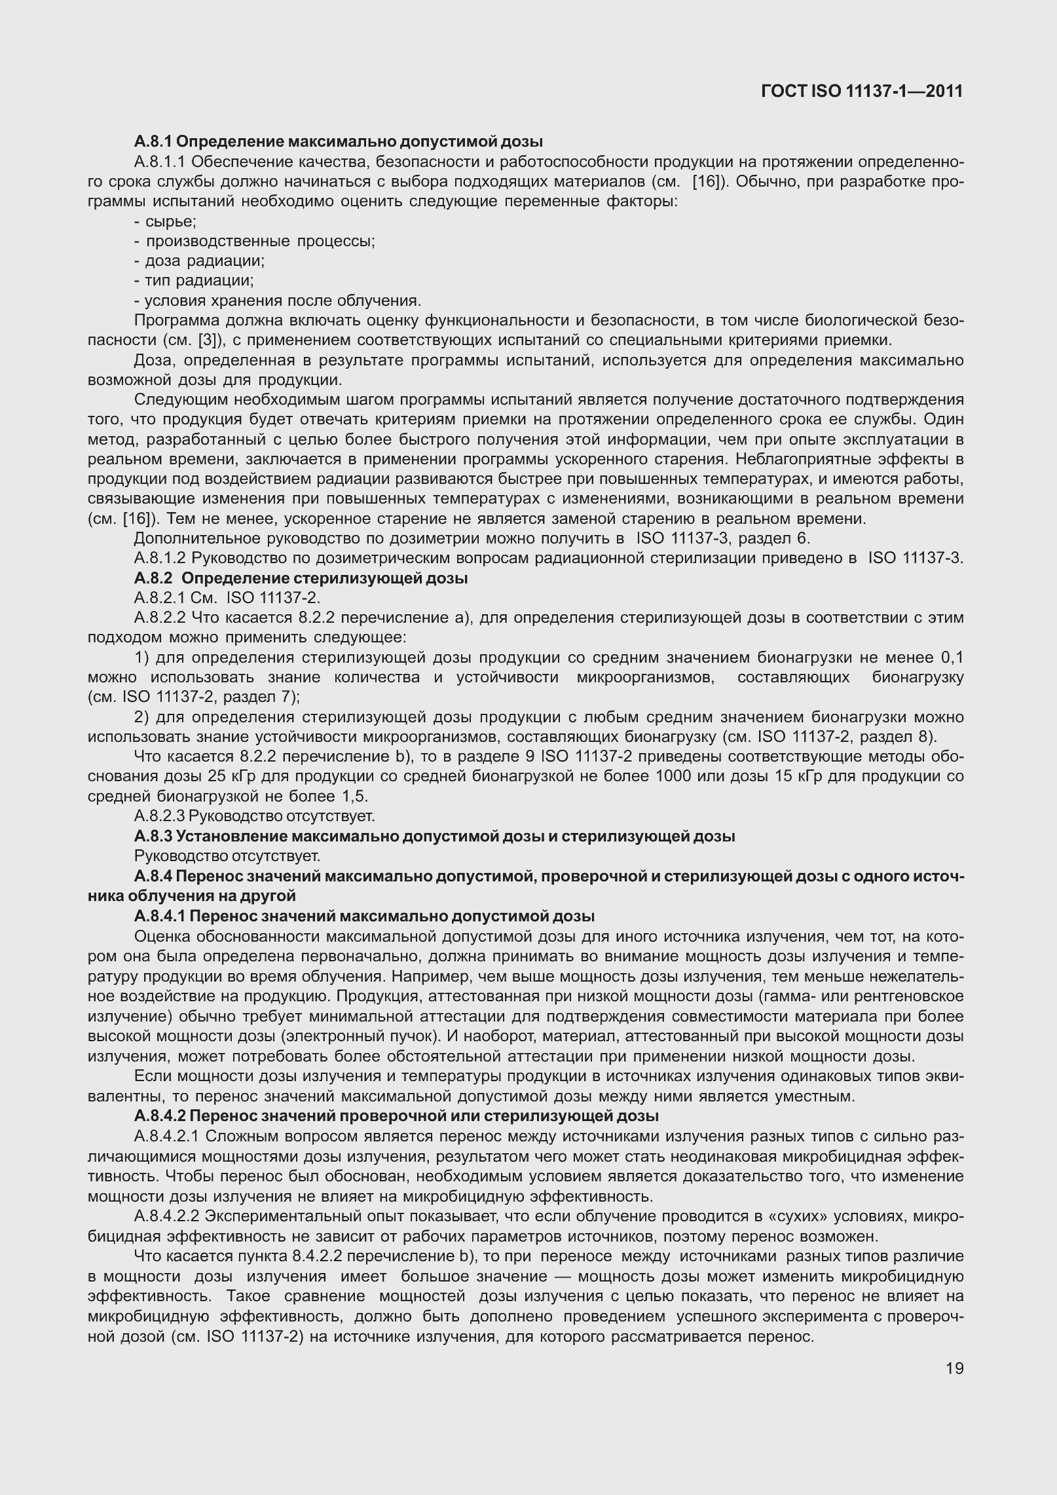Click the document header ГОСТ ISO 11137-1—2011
862,91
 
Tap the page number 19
954,1368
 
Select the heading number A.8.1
153,141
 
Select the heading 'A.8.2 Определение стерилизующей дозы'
301,578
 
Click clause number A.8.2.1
161,598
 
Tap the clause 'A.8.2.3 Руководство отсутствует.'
254,816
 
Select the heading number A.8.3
153,836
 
